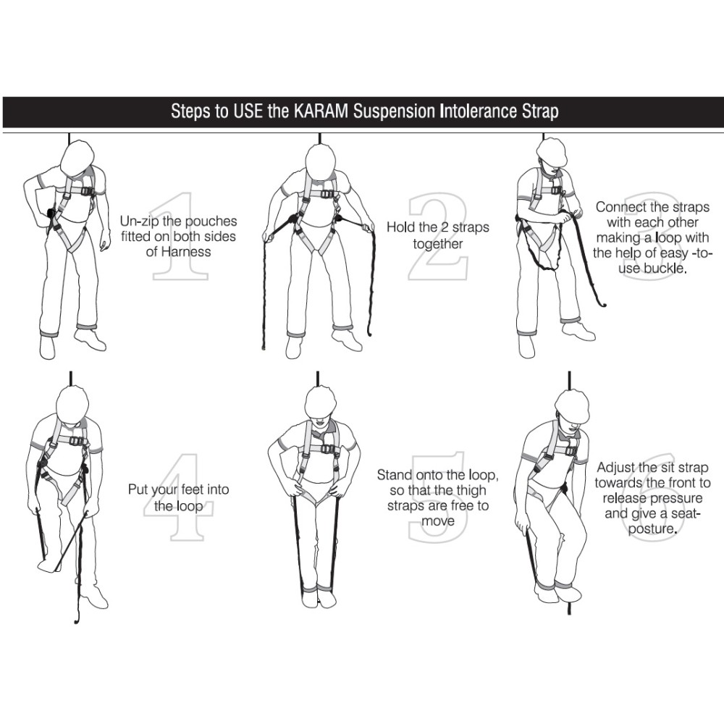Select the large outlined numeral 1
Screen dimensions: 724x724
180,236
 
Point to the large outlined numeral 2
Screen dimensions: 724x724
437,237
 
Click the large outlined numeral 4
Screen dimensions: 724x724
178,497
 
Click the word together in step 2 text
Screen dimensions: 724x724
438,243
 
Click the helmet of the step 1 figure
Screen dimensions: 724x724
77,157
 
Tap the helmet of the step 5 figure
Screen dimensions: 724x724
320,402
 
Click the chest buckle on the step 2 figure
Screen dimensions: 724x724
328,194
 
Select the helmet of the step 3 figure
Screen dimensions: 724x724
552,152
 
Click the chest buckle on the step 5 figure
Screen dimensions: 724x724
328,449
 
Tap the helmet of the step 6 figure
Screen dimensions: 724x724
573,406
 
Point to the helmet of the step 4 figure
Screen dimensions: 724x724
72,404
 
